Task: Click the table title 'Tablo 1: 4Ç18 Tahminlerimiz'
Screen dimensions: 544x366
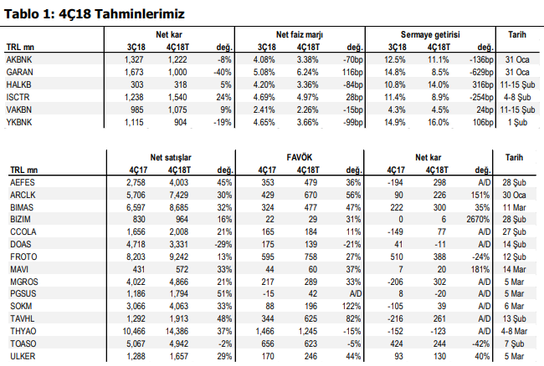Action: (x=94, y=14)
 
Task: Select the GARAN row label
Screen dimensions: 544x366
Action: (x=19, y=72)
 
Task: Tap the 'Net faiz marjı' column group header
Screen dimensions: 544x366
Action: (x=300, y=34)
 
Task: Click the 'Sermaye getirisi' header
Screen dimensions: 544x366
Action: (x=430, y=34)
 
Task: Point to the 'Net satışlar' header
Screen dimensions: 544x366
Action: (x=171, y=158)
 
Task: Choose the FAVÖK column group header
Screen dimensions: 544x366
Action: (x=300, y=157)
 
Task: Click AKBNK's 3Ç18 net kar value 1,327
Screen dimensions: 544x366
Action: (x=134, y=59)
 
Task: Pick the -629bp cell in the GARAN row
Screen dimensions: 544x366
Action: (x=481, y=72)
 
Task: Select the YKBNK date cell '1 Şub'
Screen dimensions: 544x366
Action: (x=517, y=122)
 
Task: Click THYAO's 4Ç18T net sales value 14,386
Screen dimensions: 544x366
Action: (x=177, y=332)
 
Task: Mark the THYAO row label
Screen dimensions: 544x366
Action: (x=23, y=332)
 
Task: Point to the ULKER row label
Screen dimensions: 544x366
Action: (x=23, y=356)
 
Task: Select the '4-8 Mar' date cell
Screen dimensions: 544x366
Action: (x=514, y=332)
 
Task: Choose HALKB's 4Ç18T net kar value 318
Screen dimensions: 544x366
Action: (x=181, y=85)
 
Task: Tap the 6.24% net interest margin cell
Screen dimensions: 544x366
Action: (x=307, y=72)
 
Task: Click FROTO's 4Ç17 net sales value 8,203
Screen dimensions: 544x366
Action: (x=136, y=257)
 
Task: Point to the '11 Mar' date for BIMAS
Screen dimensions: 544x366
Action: (x=514, y=207)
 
